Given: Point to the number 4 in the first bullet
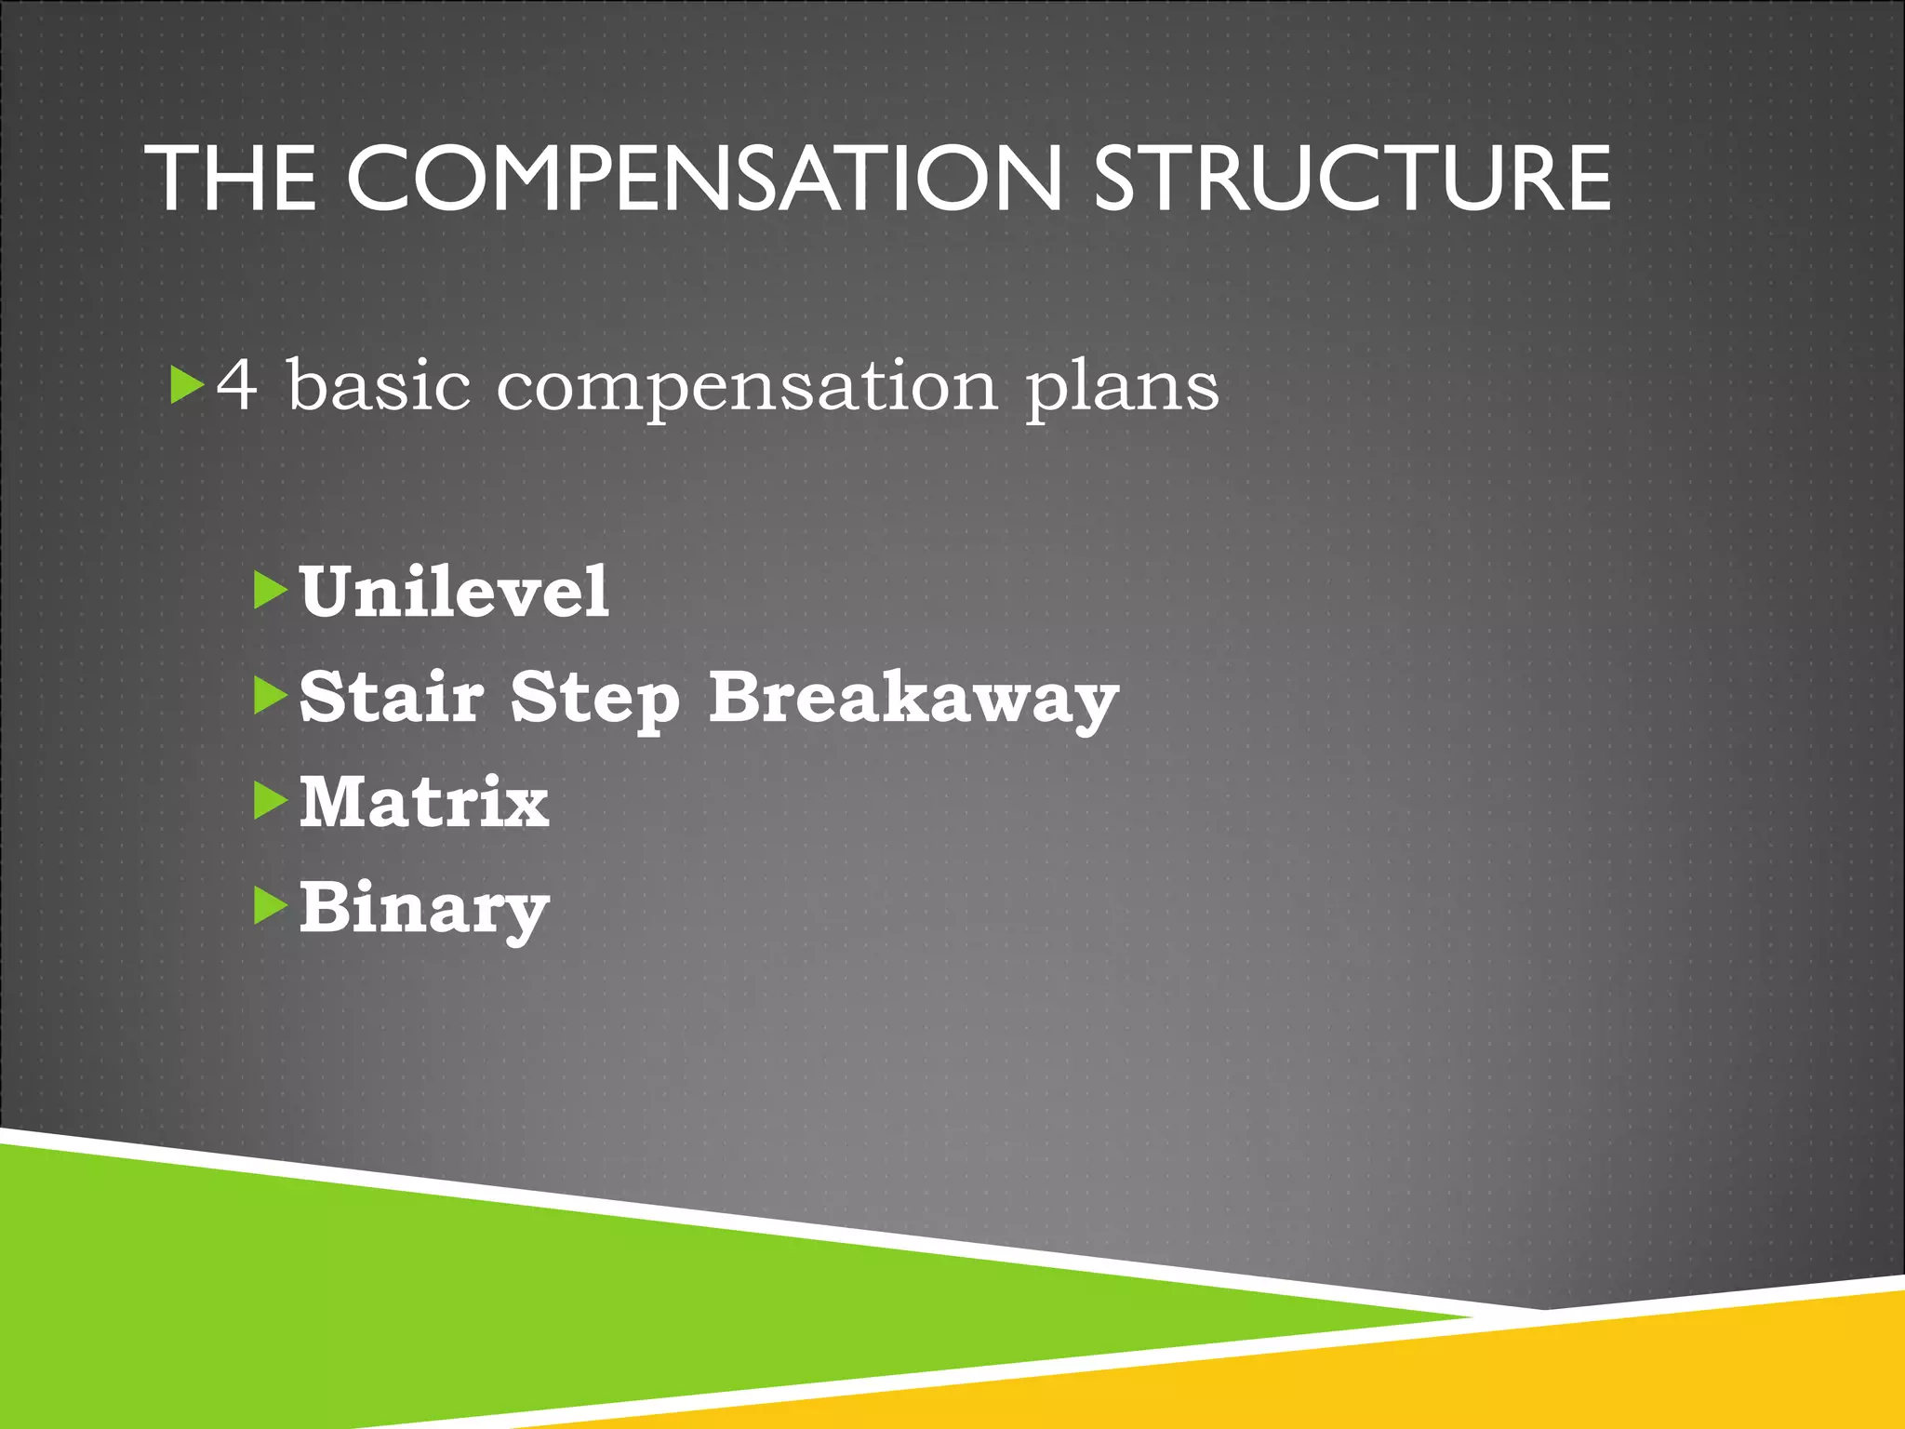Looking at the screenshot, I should tap(236, 384).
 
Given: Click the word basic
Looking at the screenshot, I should tap(379, 384).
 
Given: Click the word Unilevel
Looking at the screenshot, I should tap(454, 592).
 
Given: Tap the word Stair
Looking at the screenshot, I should tap(392, 697).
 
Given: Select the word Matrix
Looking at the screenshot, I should tap(424, 802).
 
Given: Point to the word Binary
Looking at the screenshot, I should tap(424, 910).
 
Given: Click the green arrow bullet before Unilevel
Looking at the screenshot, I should tap(270, 591).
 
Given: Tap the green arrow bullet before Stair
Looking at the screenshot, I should tap(270, 696).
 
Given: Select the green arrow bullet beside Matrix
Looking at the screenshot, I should tap(270, 801).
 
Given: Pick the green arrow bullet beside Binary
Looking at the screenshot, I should tap(270, 906).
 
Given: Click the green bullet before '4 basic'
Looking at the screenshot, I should tap(187, 384).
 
